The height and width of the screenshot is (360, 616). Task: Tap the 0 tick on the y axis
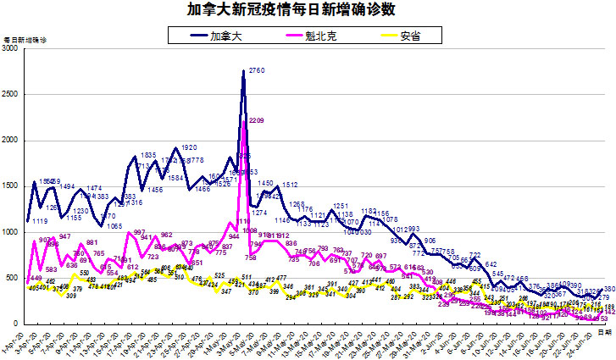pyautogui.click(x=16, y=324)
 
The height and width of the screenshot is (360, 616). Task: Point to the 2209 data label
pyautogui.click(x=257, y=121)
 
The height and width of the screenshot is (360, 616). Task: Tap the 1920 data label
pyautogui.click(x=190, y=147)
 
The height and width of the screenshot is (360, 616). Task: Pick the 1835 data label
pyautogui.click(x=148, y=155)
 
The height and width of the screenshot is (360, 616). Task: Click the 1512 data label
pyautogui.click(x=290, y=185)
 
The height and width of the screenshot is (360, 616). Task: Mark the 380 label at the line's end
pyautogui.click(x=609, y=289)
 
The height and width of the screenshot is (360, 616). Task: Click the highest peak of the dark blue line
pyautogui.click(x=244, y=72)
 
